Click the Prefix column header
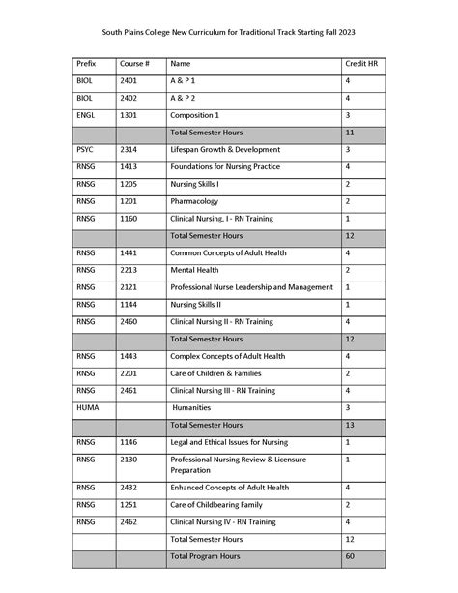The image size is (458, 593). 86,63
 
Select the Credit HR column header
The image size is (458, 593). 358,63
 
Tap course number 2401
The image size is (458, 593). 129,80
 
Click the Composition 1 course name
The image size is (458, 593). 201,114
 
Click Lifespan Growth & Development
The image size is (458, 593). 225,150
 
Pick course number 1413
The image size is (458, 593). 129,166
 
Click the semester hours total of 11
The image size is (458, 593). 350,132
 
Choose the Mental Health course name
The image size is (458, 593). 196,270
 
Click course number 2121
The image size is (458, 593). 129,287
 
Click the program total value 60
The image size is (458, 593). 350,556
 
